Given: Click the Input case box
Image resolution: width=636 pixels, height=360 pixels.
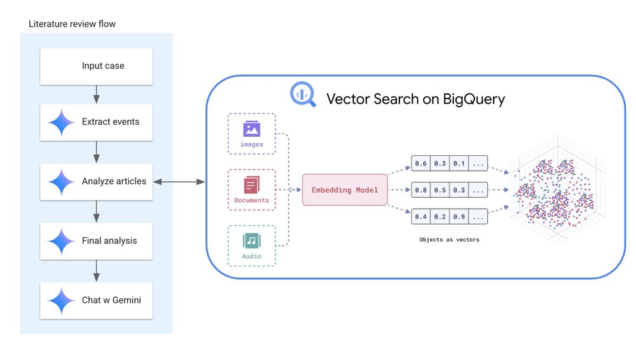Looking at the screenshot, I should coord(97,66).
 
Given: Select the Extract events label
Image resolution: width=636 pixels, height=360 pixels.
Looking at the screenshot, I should coord(110,121).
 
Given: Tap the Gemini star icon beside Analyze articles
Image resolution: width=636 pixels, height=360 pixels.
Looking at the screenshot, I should coord(62,181).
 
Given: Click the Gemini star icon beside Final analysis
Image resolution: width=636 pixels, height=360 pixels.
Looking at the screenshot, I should coord(62,241).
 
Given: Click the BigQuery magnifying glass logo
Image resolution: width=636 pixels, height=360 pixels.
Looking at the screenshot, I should coord(302,95).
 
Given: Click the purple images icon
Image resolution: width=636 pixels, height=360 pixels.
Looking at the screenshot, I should coord(252,130).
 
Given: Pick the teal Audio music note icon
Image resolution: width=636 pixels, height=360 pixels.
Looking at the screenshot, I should coord(252,241).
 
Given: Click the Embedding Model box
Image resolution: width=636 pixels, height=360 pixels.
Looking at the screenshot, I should coord(344,190).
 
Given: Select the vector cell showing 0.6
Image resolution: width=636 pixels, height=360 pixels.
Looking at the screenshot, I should coord(420,163).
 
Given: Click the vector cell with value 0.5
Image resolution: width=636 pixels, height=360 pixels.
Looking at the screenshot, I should coord(439,190).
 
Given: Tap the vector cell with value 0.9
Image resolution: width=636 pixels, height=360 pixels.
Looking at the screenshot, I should coord(459,216).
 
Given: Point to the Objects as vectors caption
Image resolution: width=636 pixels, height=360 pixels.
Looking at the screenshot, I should coord(449,240).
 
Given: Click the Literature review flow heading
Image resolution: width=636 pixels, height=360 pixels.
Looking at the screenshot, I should coord(72,24).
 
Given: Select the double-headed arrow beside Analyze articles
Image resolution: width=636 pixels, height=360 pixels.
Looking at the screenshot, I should coord(179,182).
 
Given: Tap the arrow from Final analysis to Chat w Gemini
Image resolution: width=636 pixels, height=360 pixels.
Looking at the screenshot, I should coord(96,271).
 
